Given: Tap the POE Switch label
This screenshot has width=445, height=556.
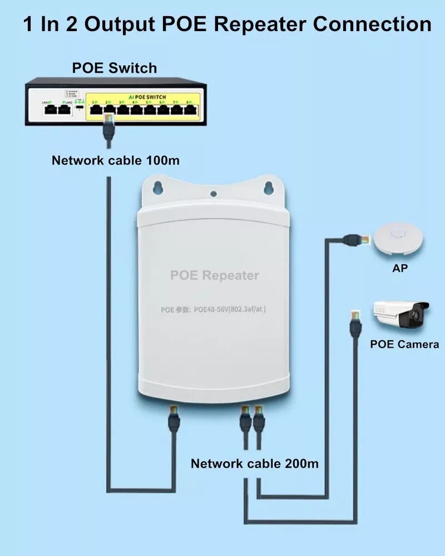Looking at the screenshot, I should pyautogui.click(x=115, y=68).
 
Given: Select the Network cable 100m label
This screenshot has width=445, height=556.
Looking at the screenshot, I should pyautogui.click(x=116, y=161).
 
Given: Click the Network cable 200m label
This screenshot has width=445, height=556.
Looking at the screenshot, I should pyautogui.click(x=255, y=463).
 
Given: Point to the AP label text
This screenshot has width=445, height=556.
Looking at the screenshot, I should pyautogui.click(x=399, y=269).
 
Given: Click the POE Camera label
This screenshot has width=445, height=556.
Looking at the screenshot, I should pyautogui.click(x=404, y=344).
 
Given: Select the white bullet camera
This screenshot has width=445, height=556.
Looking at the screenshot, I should pyautogui.click(x=400, y=315).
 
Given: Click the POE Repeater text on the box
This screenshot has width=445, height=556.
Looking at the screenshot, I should pyautogui.click(x=214, y=275).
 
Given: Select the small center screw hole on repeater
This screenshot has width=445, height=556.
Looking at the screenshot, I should pyautogui.click(x=214, y=194).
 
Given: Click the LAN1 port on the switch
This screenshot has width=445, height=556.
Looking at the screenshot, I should pyautogui.click(x=50, y=110).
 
